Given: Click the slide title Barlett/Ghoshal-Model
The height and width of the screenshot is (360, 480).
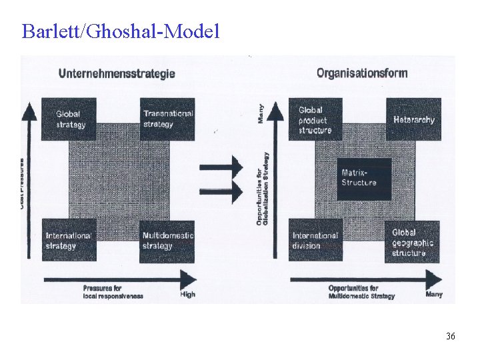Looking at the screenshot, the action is coord(120,31).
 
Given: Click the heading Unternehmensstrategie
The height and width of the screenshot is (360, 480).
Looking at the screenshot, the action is coord(117,73).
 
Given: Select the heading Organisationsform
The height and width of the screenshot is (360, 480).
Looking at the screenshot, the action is coord(361,73).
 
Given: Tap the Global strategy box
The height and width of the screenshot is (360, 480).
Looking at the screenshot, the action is coord(69,119).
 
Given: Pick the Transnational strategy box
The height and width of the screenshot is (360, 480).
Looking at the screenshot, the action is coord(167,119).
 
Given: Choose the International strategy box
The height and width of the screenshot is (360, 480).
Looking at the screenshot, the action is coord(69,241).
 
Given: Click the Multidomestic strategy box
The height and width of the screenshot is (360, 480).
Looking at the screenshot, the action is coord(167,241).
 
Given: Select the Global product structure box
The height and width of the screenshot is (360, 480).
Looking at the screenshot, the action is coord(315,119).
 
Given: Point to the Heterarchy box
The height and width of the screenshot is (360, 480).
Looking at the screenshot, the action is coord(413,119).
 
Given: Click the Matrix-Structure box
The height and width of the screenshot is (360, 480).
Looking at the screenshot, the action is coord(363,178).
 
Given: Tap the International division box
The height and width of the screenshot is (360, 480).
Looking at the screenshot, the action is coord(315,241).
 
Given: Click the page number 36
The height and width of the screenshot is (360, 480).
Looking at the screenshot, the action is coord(451,337).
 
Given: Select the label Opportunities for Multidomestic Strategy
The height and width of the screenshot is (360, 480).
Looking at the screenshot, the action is coord(361,291).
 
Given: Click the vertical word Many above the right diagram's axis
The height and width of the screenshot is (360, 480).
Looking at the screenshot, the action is coord(261,113).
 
